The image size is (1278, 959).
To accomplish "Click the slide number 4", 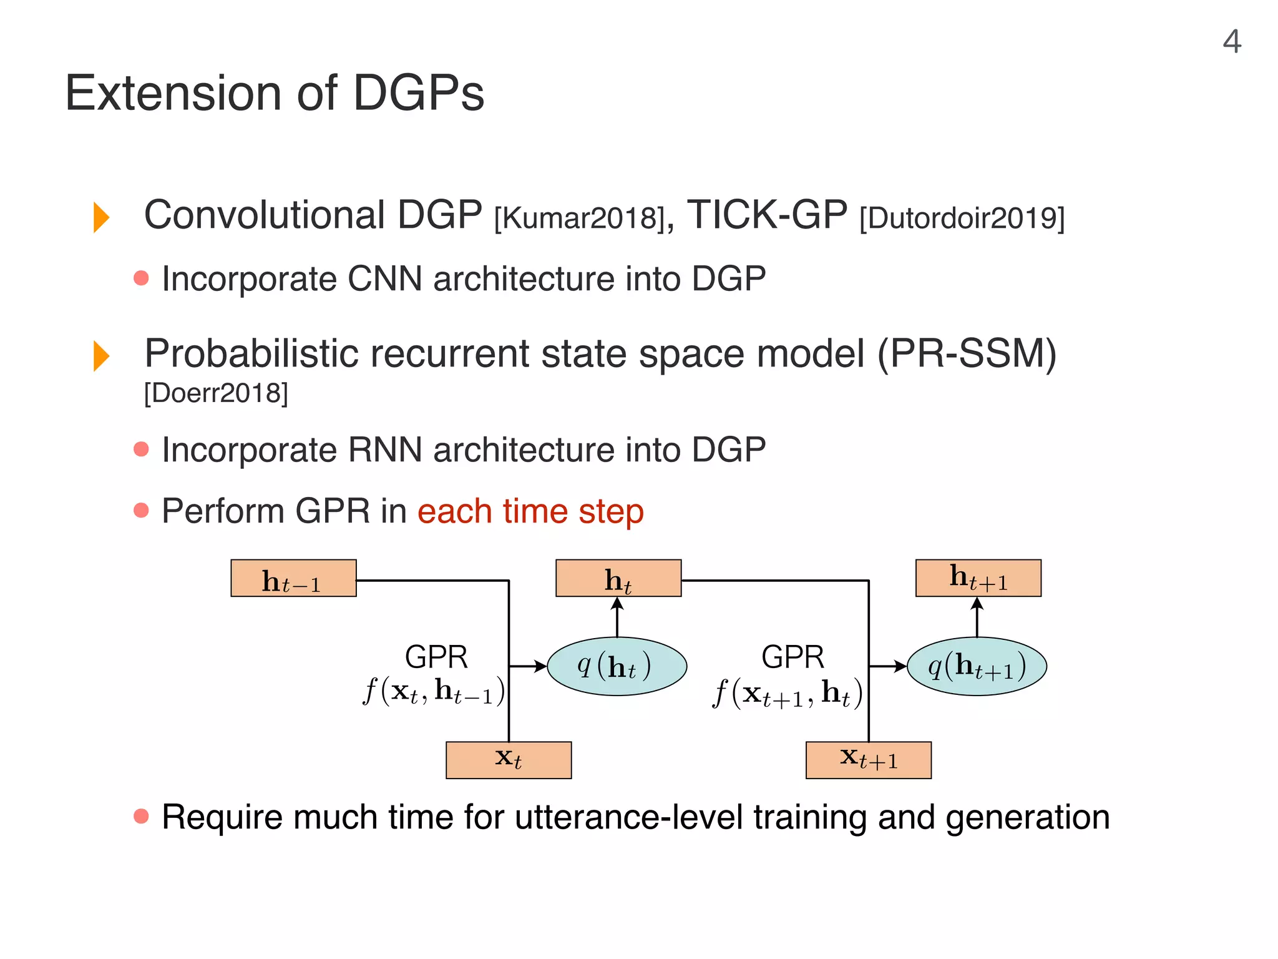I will pos(1231,42).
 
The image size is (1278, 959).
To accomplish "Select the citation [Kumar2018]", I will pos(580,219).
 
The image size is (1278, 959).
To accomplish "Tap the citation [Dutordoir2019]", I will pos(962,219).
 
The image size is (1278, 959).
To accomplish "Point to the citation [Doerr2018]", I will pos(216,393).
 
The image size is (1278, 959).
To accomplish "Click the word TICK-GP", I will pos(767,215).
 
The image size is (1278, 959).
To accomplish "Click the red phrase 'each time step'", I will pos(530,511).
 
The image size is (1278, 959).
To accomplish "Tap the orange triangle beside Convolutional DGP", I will pos(101,217).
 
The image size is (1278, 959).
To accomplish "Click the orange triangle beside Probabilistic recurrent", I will pos(101,356).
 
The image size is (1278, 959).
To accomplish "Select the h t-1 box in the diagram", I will pos(293,579).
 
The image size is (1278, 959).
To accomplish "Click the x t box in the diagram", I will pos(509,760).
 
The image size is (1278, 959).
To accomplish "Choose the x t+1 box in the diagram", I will pos(868,760).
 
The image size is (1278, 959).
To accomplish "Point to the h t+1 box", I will pos(978,579).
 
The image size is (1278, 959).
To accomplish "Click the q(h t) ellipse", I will pos(617,666).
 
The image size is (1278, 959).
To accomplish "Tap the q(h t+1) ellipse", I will pos(977,666).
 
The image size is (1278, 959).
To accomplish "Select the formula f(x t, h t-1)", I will pos(434,692).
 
